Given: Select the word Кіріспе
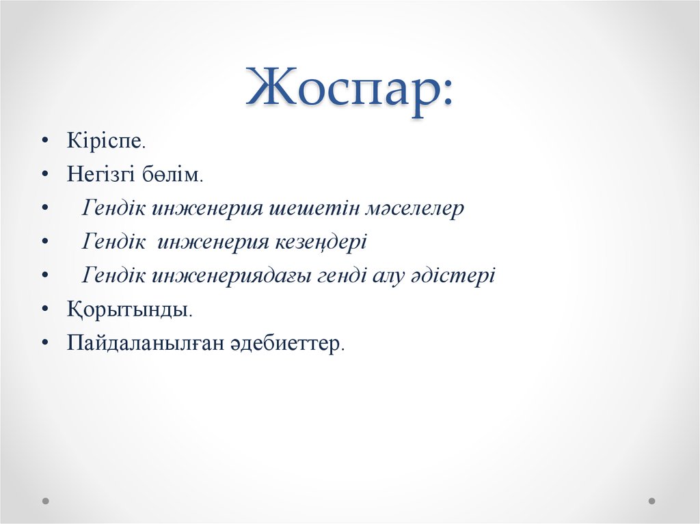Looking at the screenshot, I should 105,142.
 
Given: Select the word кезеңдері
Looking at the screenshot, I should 322,242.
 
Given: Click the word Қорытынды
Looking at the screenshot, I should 128,309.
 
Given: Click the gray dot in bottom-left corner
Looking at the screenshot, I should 46,501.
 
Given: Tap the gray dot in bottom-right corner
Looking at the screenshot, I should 651,501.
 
